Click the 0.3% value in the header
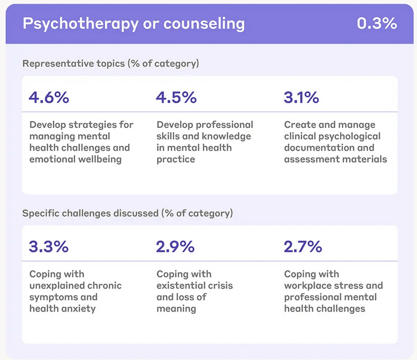pos(377,24)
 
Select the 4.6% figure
pos(49,97)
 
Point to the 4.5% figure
pos(176,97)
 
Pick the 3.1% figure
pos(301,97)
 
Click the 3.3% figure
pos(49,246)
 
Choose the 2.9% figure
pos(176,246)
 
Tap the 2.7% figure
pos(303,246)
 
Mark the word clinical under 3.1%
pos(301,136)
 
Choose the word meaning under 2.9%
pos(176,309)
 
